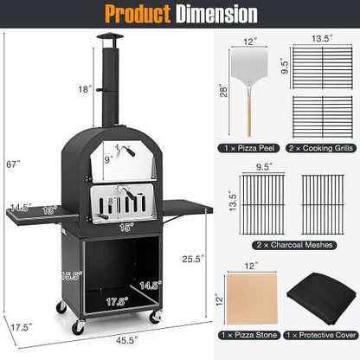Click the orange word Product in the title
(x=132, y=14)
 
